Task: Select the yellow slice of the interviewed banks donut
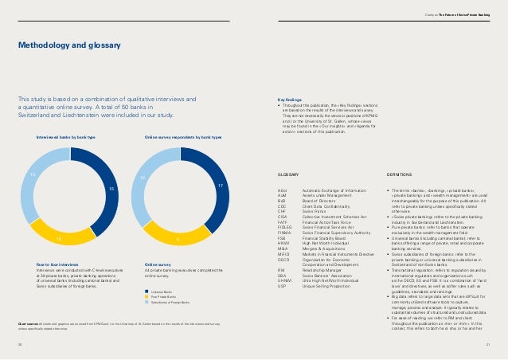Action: coord(61,237)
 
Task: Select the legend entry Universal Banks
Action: coord(158,292)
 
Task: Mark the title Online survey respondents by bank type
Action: coord(182,137)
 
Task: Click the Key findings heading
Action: coord(278,100)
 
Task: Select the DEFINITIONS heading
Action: coord(399,173)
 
